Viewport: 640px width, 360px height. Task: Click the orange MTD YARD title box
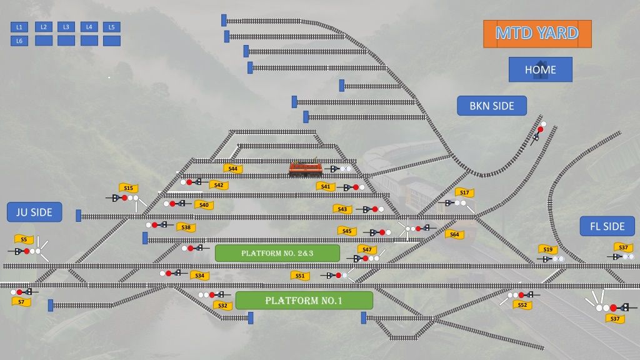point(537,34)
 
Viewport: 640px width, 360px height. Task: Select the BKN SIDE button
point(492,106)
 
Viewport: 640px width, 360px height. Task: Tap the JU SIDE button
point(34,212)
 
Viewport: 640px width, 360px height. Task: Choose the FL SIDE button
point(607,226)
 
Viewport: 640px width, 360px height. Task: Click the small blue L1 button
point(19,27)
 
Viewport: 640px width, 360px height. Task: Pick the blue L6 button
point(19,41)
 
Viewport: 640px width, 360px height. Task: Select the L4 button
point(89,27)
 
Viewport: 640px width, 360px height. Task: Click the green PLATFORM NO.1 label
point(304,301)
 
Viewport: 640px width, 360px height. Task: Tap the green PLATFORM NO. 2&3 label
point(277,253)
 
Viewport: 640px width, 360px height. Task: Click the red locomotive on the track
point(305,168)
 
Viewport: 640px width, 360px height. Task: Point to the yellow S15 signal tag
point(128,187)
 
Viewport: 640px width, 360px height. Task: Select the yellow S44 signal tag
point(233,169)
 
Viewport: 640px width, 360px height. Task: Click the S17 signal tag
point(464,192)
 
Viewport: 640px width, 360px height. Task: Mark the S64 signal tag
point(455,234)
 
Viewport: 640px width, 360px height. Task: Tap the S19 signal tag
point(547,249)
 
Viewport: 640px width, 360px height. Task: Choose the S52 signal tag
point(522,305)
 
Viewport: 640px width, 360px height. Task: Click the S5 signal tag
point(24,239)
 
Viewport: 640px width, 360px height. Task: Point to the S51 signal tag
point(300,276)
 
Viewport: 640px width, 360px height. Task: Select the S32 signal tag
point(223,305)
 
